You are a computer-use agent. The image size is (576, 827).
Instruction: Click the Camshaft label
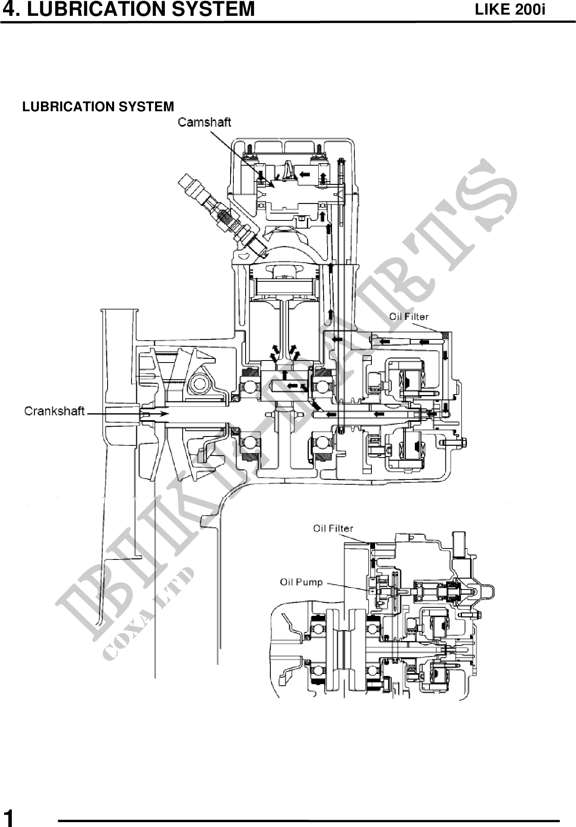point(205,122)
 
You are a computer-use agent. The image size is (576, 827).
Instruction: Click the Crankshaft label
point(54,411)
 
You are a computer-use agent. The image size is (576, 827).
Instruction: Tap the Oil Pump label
point(301,582)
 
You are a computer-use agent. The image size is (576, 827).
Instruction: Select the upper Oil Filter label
point(409,316)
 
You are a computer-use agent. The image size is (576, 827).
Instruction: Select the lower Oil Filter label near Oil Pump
point(333,528)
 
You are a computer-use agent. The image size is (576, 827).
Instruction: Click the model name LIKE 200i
point(510,9)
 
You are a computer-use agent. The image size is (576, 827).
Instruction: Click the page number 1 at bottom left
point(8,817)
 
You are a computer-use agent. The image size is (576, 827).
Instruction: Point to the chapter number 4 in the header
point(8,9)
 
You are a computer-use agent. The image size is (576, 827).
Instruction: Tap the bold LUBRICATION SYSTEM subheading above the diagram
point(98,107)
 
